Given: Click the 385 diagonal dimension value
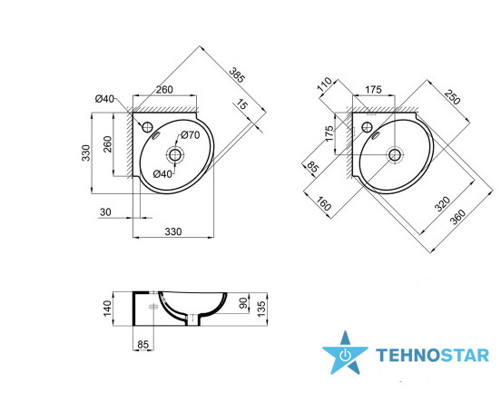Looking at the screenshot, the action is coord(238,75).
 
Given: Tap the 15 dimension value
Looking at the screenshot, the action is coord(241,104).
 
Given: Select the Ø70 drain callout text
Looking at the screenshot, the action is coord(191,135).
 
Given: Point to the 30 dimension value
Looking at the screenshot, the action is coord(106,211).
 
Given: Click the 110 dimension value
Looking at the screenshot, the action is coord(325,84).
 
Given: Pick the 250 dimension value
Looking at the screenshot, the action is coord(452,96).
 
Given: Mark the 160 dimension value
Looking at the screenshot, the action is coord(323,204).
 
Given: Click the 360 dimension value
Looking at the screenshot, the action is coord(457,217).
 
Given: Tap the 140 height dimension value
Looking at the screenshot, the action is coord(108,308).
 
